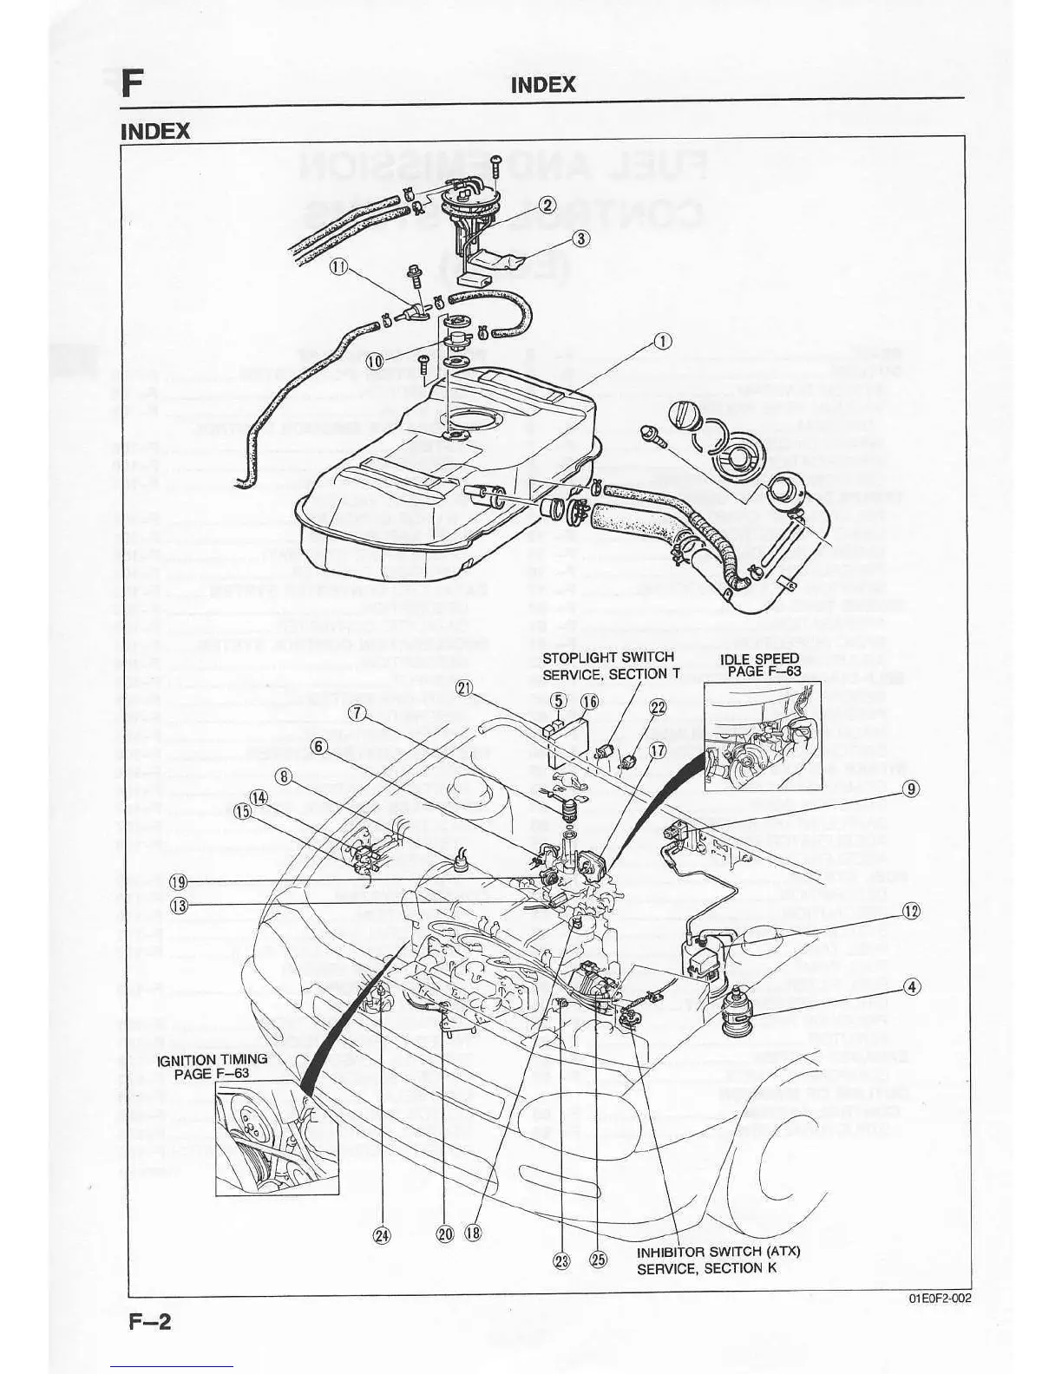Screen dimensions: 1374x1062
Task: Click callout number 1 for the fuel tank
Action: [x=662, y=341]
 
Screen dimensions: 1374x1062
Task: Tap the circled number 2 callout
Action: [x=547, y=205]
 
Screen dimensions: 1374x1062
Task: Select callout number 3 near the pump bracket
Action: [x=581, y=239]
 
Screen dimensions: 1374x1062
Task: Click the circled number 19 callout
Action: [x=178, y=882]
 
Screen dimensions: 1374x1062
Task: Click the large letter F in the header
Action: [x=131, y=84]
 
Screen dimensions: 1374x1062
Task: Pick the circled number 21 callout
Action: [x=465, y=689]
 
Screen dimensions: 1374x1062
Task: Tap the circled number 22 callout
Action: [x=658, y=708]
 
